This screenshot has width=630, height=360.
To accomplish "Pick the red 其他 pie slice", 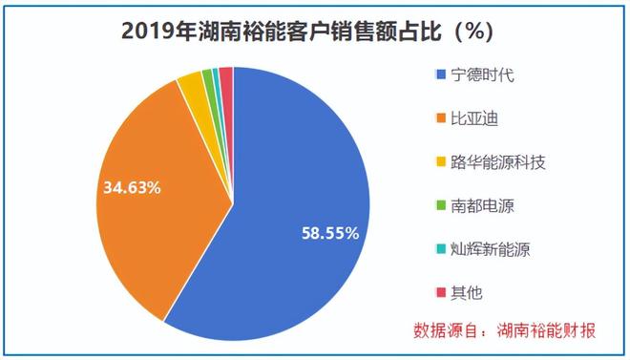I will [x=227, y=76].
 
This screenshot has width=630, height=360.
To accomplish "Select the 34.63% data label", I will [x=132, y=187].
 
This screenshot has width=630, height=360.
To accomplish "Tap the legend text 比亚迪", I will [x=473, y=119].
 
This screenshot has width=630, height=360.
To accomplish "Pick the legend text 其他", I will [x=466, y=293].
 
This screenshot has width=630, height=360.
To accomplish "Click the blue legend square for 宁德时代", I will [x=440, y=75].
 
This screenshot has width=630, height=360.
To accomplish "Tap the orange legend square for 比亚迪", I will [x=440, y=119].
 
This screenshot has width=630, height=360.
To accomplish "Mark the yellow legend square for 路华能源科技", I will [x=440, y=163].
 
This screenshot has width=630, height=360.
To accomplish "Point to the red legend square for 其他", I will [x=440, y=293].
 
